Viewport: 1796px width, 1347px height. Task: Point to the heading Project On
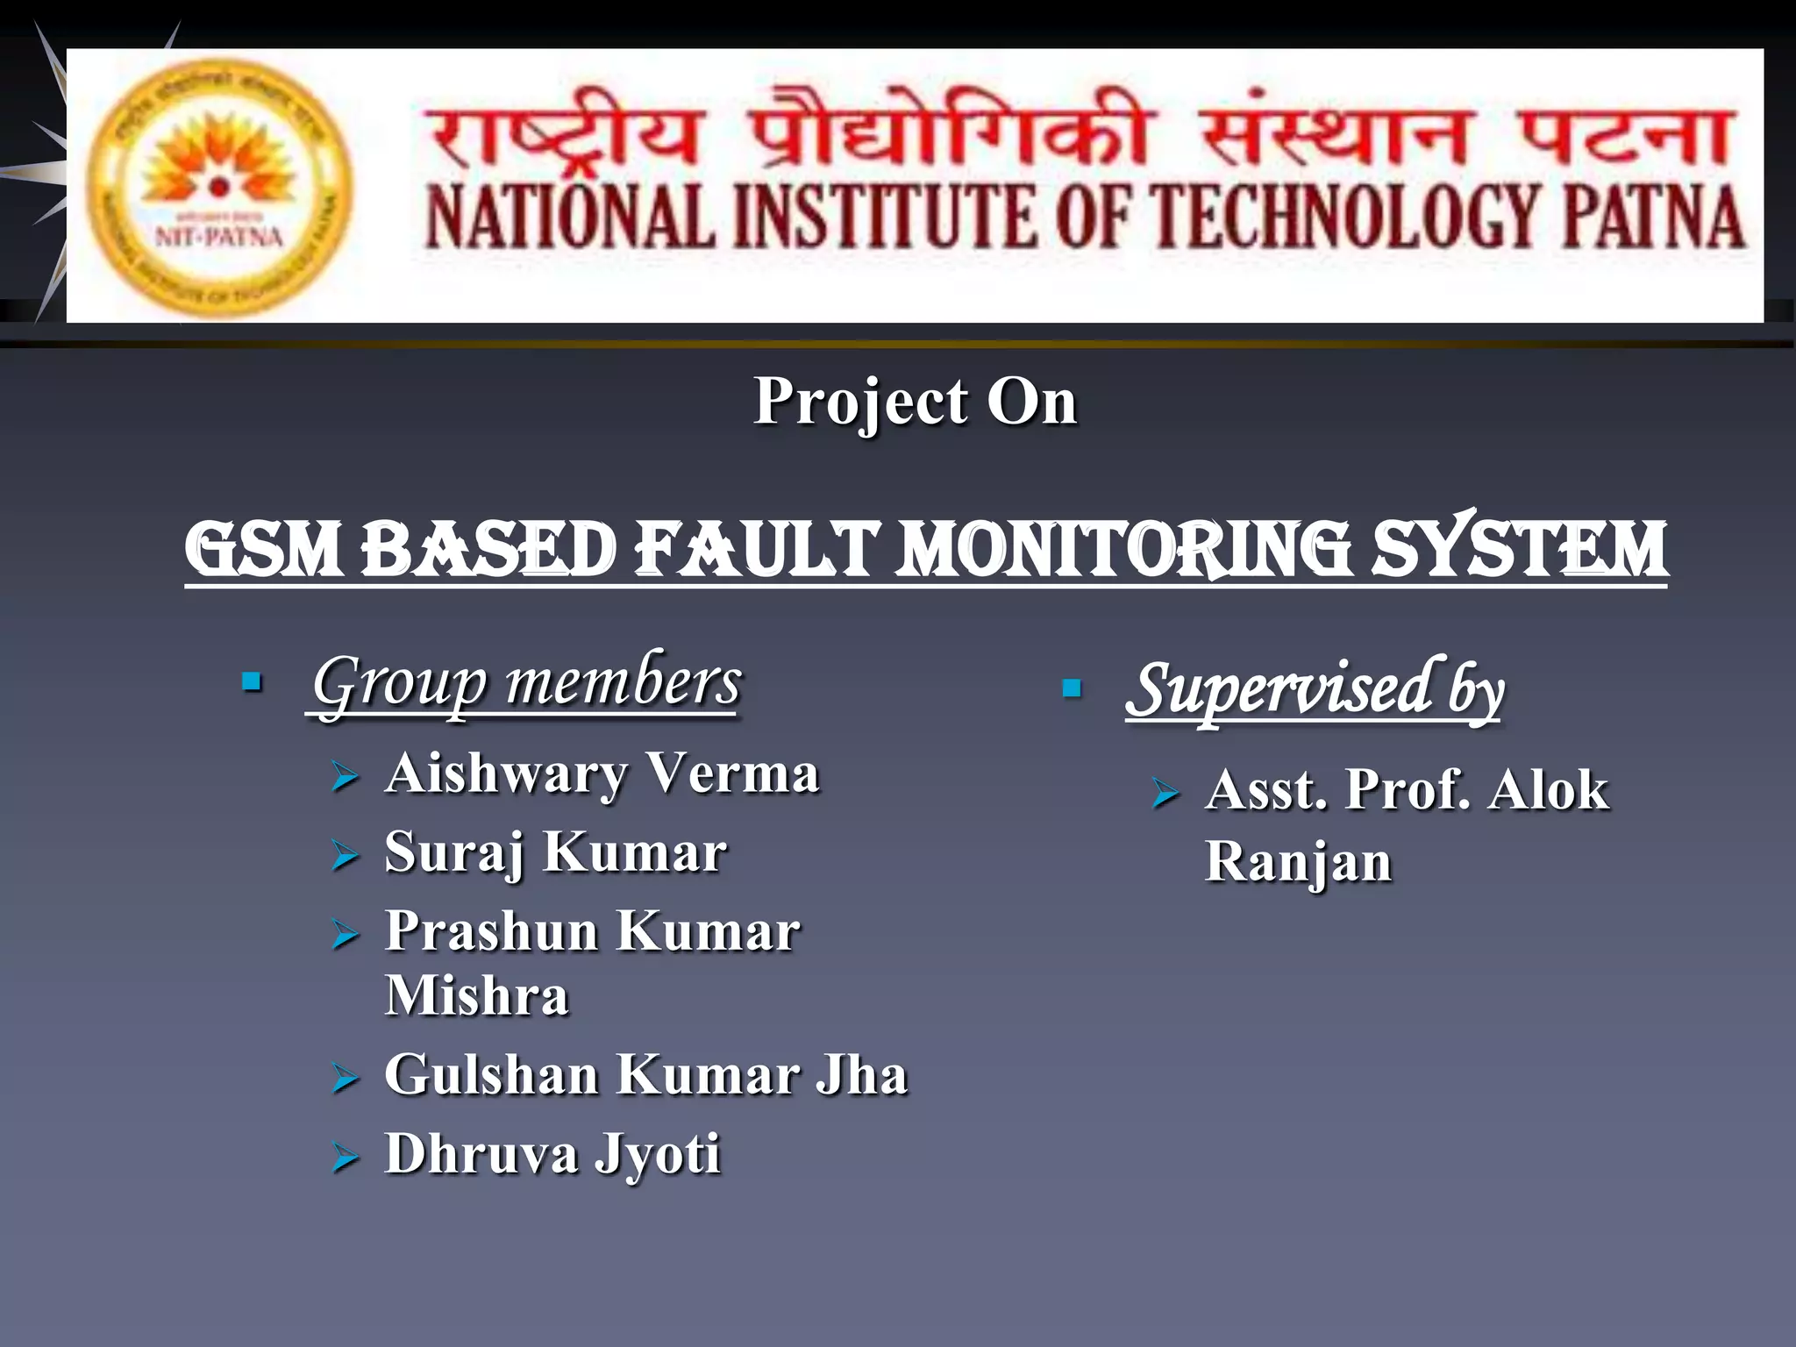[915, 402]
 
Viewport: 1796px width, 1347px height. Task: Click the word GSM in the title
[262, 550]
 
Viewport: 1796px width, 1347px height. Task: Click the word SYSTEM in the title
[1519, 550]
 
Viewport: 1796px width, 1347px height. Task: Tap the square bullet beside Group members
[252, 681]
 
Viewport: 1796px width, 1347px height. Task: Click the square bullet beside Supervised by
[1071, 688]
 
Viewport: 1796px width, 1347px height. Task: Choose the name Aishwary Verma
[602, 774]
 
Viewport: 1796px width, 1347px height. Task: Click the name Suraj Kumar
[556, 852]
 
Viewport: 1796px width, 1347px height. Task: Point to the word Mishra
[477, 996]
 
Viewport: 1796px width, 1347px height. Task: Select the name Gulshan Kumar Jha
[645, 1075]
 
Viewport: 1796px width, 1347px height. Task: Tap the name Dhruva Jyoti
[552, 1154]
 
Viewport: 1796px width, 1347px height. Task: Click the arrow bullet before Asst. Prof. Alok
[1165, 793]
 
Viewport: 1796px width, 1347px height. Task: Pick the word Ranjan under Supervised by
[1298, 862]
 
